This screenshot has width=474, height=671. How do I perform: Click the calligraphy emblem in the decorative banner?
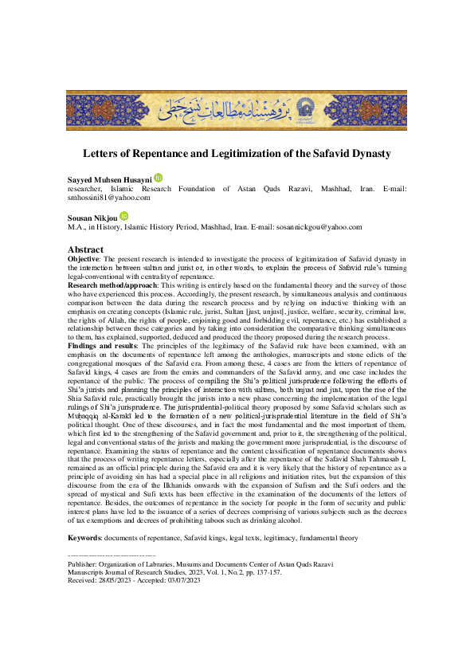tap(237, 110)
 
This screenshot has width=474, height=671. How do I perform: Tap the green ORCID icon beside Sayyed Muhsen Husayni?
tap(158, 178)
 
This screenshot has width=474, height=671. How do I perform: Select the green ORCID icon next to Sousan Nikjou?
tap(123, 216)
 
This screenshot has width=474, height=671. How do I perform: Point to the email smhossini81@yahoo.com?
tap(109, 198)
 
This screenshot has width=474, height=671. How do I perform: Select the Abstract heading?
tap(86, 249)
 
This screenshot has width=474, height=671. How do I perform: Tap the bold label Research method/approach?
tap(113, 284)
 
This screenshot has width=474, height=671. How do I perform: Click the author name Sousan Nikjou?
tap(92, 217)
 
